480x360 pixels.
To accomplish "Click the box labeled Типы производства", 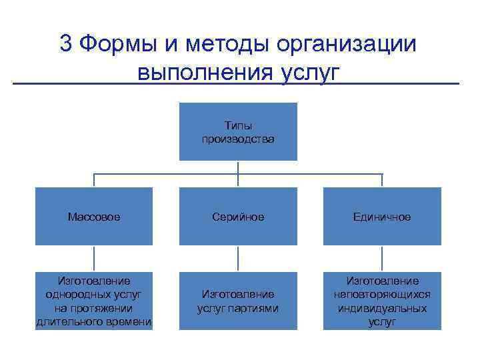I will pos(238,132).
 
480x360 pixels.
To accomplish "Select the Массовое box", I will pos(94,217).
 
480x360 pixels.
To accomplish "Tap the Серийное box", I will pos(238,217).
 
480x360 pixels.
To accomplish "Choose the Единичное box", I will pos(382,217).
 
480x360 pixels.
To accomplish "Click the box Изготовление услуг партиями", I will pos(238,301).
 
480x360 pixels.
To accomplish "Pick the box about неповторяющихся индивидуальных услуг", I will pos(382,301).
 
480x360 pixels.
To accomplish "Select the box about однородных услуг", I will pos(94,301).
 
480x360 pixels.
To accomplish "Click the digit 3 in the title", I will pos(66,43).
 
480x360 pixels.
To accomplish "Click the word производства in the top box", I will pos(238,139).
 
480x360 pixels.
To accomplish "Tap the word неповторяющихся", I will pos(382,294).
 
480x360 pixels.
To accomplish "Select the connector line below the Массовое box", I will pos(94,258).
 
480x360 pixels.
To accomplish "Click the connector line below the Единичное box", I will pos(382,258).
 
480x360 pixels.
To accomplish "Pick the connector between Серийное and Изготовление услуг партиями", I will pos(238,258).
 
